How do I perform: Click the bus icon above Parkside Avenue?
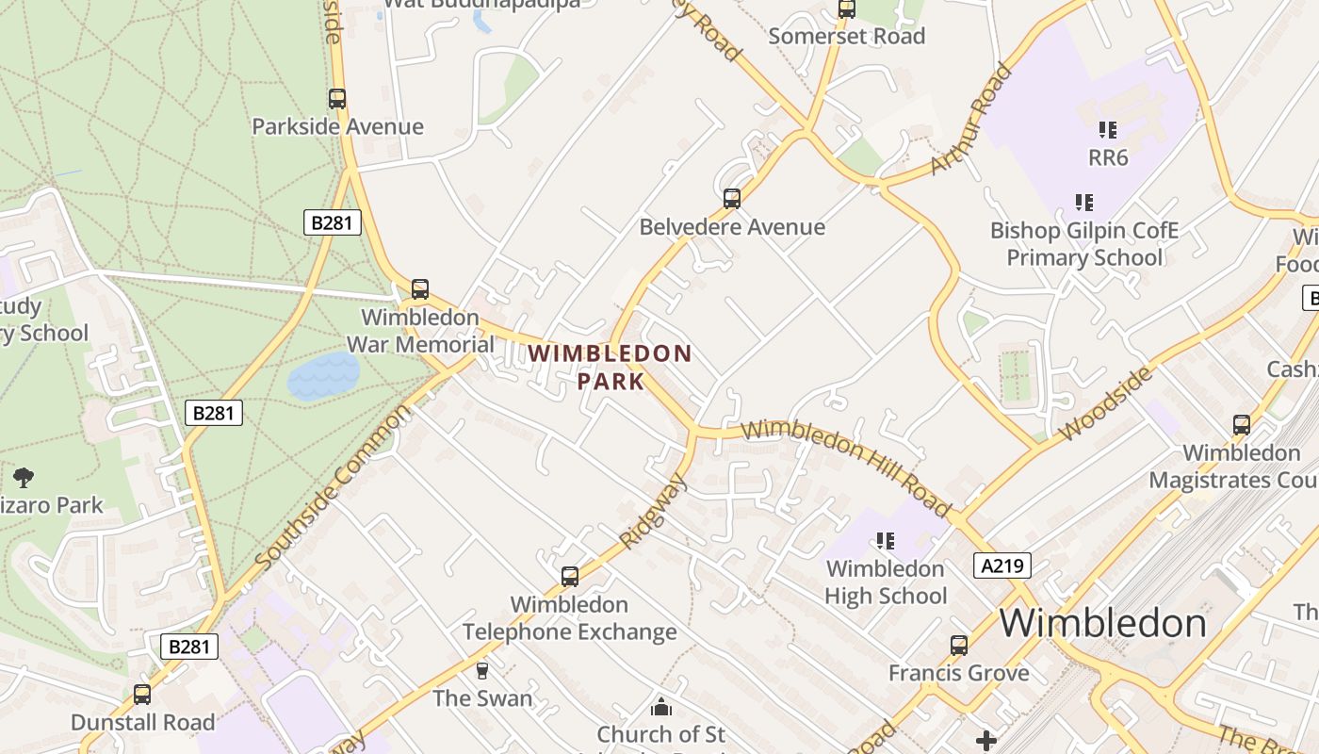pyautogui.click(x=336, y=98)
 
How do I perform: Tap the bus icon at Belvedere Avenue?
pyautogui.click(x=732, y=199)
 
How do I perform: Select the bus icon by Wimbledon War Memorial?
pyautogui.click(x=420, y=289)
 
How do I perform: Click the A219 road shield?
pyautogui.click(x=1001, y=565)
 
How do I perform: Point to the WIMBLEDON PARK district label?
pyautogui.click(x=610, y=368)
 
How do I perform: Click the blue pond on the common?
pyautogui.click(x=323, y=376)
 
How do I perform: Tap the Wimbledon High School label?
pyautogui.click(x=886, y=582)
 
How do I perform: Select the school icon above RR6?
pyautogui.click(x=1108, y=130)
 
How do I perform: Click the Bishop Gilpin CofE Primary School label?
pyautogui.click(x=1083, y=244)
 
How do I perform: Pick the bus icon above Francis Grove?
pyautogui.click(x=959, y=646)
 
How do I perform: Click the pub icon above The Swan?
pyautogui.click(x=482, y=671)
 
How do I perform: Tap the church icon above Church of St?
pyautogui.click(x=661, y=707)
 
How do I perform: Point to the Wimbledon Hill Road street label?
pyautogui.click(x=846, y=467)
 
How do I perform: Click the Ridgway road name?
pyautogui.click(x=653, y=510)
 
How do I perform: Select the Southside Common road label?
pyautogui.click(x=334, y=488)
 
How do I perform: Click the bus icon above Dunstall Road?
pyautogui.click(x=142, y=695)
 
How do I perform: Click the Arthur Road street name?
pyautogui.click(x=971, y=119)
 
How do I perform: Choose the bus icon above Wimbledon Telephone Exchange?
pyautogui.click(x=570, y=577)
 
